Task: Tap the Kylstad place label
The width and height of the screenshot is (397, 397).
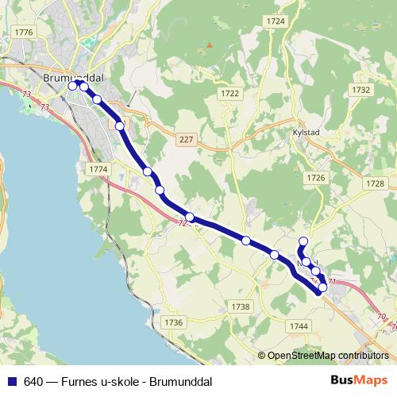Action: click(306, 135)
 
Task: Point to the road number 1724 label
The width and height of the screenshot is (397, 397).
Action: click(276, 21)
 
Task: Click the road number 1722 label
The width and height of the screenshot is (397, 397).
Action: click(230, 94)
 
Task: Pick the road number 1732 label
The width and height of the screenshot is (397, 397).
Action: click(361, 91)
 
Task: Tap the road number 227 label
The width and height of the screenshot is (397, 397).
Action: click(187, 140)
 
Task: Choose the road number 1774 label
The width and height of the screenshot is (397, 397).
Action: click(98, 169)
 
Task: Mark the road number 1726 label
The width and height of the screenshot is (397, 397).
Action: click(317, 178)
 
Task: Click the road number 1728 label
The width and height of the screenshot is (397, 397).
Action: click(376, 183)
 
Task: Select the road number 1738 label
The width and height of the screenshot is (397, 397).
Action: click(241, 306)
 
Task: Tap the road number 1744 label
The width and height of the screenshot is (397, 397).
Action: click(299, 326)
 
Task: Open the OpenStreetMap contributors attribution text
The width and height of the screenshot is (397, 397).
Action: click(328, 355)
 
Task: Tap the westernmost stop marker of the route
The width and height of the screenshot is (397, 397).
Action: click(73, 86)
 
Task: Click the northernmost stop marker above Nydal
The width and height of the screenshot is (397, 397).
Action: click(303, 242)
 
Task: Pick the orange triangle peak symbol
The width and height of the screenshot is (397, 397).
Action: click(209, 45)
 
